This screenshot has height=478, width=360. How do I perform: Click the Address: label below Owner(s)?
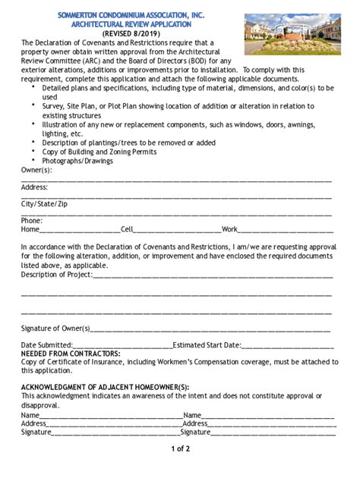(35, 187)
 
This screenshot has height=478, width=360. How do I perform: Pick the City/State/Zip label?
(44, 205)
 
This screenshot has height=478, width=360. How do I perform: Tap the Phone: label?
(32, 221)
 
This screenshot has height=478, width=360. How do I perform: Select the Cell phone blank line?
(178, 230)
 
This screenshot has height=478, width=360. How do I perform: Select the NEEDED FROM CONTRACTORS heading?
(71, 354)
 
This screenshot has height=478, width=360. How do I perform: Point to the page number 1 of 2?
(180, 449)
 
